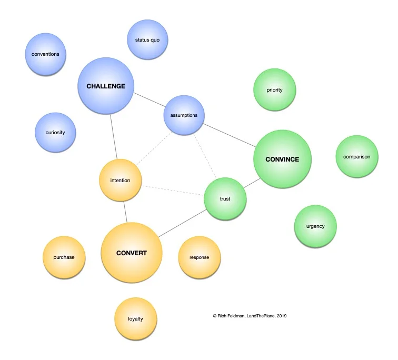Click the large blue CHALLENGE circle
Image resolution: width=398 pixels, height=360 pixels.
105,86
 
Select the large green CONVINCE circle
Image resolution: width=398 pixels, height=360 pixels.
282,159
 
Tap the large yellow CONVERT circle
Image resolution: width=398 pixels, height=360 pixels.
131,253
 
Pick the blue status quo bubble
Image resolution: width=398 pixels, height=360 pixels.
147,40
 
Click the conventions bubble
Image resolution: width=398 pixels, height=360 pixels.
45,54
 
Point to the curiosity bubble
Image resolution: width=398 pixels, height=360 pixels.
55,132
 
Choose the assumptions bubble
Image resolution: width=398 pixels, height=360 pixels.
184,115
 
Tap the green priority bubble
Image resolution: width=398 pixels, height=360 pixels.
274,90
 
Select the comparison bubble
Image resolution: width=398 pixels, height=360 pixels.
356,156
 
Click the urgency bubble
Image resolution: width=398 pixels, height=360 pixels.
315,226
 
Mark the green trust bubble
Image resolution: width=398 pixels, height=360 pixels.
225,198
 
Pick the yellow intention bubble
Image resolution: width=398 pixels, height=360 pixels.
120,181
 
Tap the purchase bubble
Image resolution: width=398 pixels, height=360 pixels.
64,257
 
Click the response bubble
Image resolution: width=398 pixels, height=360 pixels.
199,257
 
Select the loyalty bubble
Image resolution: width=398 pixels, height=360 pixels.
135,318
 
